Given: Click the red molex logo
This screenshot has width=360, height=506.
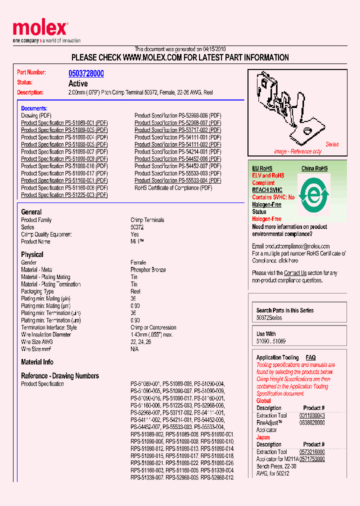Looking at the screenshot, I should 39,28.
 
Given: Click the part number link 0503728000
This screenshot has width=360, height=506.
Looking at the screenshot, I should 86,73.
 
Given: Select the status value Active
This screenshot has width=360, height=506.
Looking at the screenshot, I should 78,83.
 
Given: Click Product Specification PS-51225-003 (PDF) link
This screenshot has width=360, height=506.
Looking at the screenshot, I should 64,195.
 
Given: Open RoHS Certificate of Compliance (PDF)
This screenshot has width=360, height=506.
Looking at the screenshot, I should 173,188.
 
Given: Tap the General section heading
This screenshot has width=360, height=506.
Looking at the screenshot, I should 31,212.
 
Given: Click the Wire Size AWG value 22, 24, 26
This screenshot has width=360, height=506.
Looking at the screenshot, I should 141,342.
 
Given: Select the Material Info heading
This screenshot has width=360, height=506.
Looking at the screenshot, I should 37,362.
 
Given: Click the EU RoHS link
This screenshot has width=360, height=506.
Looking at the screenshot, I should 262,168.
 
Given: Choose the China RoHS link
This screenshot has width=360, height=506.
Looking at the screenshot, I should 314,168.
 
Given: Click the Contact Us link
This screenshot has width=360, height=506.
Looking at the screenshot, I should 295,273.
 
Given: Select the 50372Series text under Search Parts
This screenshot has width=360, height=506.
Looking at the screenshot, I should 269,318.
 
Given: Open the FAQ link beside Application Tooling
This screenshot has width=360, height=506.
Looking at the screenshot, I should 310,357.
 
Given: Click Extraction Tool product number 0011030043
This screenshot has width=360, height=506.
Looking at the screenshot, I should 312,415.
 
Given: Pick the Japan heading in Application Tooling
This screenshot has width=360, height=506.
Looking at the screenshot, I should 263,437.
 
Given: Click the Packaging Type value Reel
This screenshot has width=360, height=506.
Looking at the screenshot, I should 135,291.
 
